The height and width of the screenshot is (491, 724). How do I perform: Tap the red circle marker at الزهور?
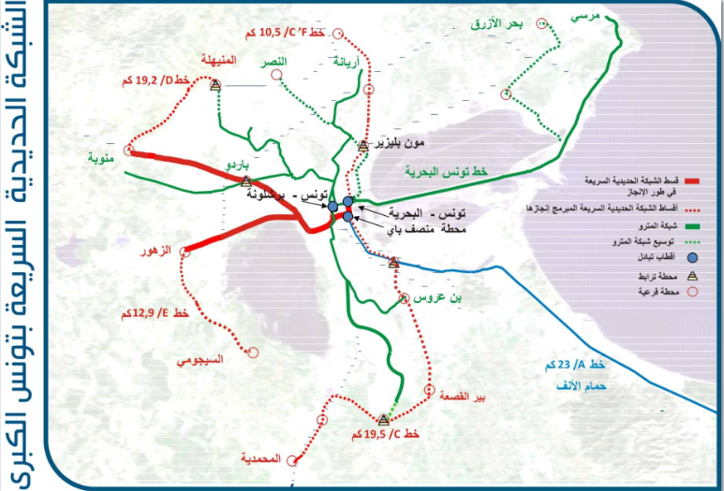click(187, 250)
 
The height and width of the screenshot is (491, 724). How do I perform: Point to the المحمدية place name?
click(261, 458)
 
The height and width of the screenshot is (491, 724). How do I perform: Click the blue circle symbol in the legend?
click(693, 256)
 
